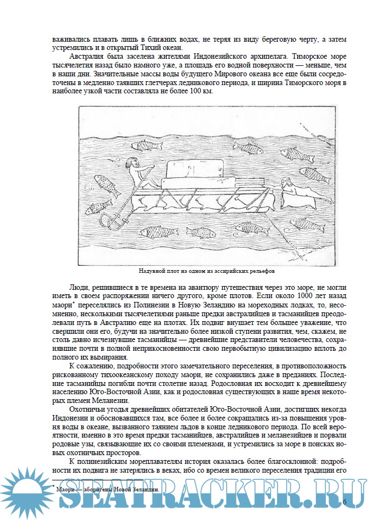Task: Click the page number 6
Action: (344, 502)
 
